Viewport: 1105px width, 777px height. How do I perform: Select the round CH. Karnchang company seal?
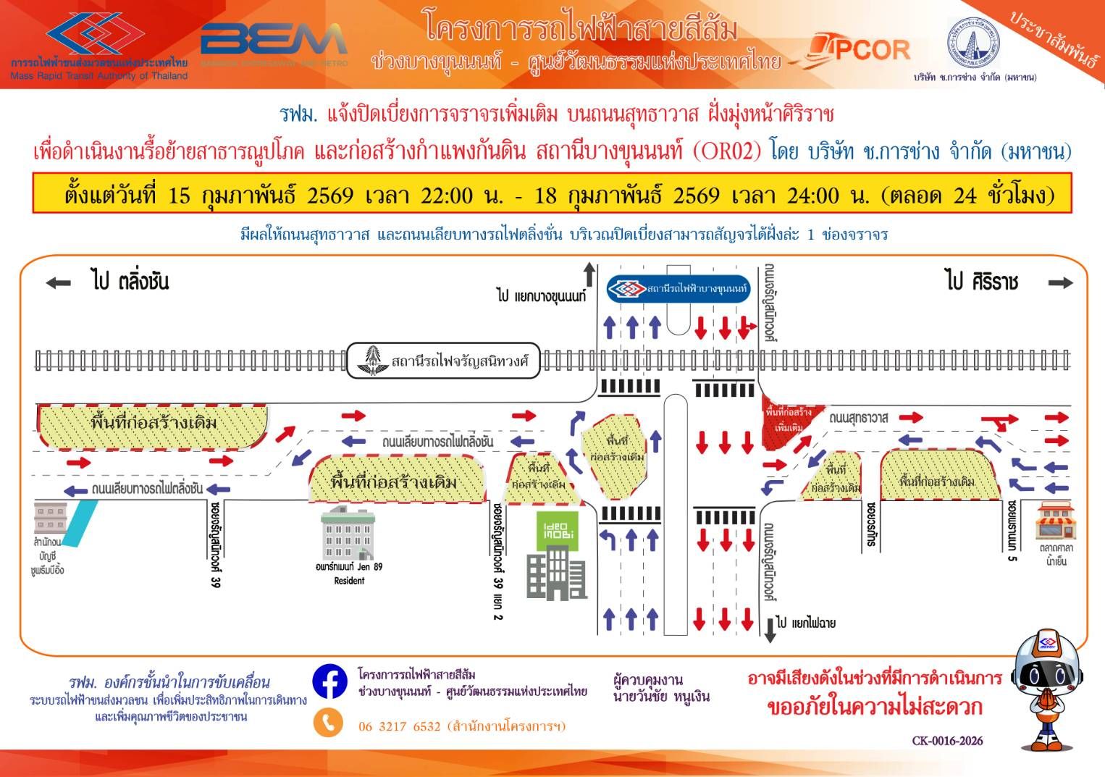[x=974, y=42]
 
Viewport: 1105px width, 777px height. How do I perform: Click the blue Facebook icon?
[x=329, y=682]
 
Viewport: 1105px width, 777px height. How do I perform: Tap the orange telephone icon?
[x=329, y=722]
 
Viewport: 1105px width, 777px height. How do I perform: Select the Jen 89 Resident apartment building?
[x=348, y=535]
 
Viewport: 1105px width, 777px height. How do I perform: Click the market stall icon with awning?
[x=1056, y=520]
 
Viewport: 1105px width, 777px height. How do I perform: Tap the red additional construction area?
[x=786, y=421]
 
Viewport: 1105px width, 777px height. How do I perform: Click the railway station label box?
[x=444, y=361]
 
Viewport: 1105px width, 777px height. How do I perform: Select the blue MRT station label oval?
[x=678, y=289]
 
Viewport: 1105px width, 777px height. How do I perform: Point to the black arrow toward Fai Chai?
[x=770, y=629]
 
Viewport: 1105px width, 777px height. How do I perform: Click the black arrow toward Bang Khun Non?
[x=589, y=276]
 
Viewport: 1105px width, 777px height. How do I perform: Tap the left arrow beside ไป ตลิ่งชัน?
[x=59, y=283]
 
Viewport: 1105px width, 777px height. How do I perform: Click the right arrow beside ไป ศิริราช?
[x=1060, y=283]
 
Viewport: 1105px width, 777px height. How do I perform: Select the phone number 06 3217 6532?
[x=400, y=726]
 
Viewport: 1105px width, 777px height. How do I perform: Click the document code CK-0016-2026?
[x=947, y=741]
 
